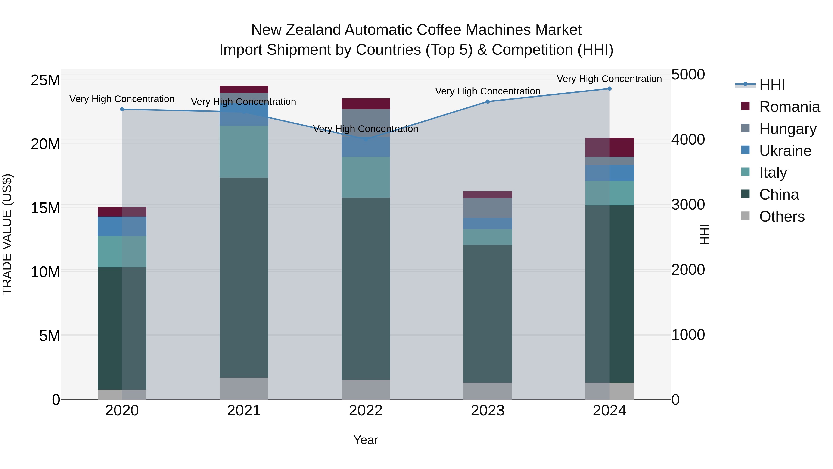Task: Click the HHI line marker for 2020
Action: [122, 109]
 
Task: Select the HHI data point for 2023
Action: [488, 102]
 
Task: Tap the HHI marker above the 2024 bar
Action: [609, 89]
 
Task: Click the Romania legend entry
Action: [789, 107]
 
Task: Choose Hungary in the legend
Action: [788, 129]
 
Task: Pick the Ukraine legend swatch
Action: [745, 150]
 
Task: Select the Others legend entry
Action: [782, 217]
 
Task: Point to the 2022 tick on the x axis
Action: [366, 411]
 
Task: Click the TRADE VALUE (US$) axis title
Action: [7, 234]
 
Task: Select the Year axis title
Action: [366, 440]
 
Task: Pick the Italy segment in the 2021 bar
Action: [244, 151]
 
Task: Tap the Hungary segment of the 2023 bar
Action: [488, 208]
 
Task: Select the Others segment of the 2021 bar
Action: [244, 388]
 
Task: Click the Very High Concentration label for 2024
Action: [609, 79]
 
